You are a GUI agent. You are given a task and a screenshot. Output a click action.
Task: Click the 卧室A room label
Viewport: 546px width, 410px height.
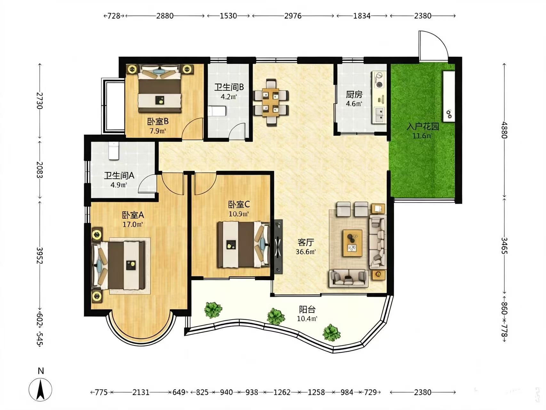pyautogui.click(x=133, y=215)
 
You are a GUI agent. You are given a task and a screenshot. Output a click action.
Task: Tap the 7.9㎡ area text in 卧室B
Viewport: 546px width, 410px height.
pyautogui.click(x=158, y=131)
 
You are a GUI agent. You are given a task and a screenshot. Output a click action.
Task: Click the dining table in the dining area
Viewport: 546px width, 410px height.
pyautogui.click(x=271, y=103)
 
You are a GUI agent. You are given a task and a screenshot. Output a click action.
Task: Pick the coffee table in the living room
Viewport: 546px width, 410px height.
pyautogui.click(x=352, y=243)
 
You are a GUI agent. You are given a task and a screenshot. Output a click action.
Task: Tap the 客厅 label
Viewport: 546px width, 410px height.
pyautogui.click(x=306, y=242)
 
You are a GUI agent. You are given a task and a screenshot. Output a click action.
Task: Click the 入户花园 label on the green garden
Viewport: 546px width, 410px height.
pyautogui.click(x=422, y=126)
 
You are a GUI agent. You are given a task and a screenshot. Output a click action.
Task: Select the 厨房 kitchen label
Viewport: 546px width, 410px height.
pyautogui.click(x=354, y=95)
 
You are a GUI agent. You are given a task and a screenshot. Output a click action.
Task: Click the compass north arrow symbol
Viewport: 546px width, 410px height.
pyautogui.click(x=40, y=389)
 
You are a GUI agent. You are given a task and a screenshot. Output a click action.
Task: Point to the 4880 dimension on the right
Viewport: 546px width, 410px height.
pyautogui.click(x=504, y=130)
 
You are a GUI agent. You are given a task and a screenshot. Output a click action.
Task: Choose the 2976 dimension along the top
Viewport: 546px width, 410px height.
pyautogui.click(x=293, y=16)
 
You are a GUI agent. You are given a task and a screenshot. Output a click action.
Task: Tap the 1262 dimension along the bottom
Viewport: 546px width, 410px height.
pyautogui.click(x=282, y=392)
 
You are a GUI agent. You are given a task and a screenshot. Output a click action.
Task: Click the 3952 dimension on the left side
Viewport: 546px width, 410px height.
pyautogui.click(x=40, y=255)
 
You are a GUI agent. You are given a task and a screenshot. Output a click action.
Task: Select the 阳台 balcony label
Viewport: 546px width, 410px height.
pyautogui.click(x=307, y=309)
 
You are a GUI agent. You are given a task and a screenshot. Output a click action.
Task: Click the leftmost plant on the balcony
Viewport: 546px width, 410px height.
pyautogui.click(x=213, y=310)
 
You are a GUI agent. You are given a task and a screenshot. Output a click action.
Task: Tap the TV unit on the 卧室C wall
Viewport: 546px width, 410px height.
pyautogui.click(x=278, y=247)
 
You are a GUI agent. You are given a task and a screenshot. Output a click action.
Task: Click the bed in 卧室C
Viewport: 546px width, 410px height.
pyautogui.click(x=243, y=245)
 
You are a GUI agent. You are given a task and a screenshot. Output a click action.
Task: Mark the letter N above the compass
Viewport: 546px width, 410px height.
pyautogui.click(x=41, y=371)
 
